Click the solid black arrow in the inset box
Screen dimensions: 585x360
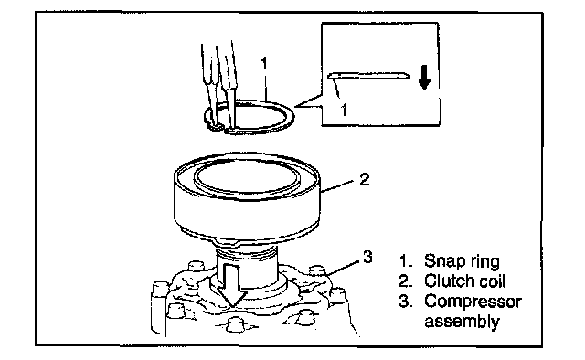424,78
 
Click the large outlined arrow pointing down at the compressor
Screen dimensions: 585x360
231,284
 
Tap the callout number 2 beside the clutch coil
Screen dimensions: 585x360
364,179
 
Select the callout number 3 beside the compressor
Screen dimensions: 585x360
367,257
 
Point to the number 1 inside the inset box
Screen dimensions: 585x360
344,110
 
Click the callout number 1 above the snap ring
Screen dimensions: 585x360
264,63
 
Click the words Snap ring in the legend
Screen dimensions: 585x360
462,261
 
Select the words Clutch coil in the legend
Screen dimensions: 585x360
465,281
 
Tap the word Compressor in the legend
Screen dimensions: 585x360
473,302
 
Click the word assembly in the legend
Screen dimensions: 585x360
462,322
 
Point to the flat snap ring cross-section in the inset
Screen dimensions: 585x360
368,76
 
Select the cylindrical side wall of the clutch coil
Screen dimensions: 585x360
247,211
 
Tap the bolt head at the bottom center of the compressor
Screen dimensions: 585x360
234,323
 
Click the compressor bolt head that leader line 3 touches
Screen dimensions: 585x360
317,272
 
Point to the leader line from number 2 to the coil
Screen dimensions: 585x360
337,186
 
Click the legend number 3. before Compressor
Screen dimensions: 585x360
405,301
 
